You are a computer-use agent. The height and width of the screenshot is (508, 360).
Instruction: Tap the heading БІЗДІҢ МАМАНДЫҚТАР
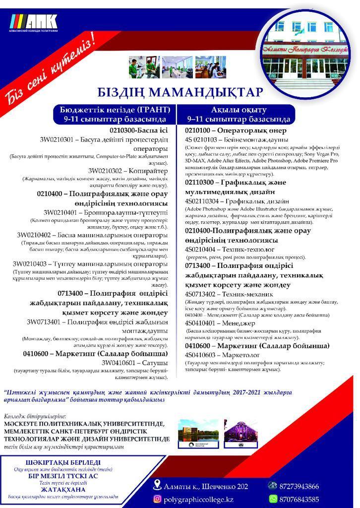coord(180,93)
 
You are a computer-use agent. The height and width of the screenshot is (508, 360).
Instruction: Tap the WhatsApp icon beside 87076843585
coord(273,499)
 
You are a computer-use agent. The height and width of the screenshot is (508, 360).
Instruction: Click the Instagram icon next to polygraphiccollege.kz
coord(157,499)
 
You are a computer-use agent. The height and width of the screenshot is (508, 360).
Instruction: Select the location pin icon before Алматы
coord(157,485)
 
